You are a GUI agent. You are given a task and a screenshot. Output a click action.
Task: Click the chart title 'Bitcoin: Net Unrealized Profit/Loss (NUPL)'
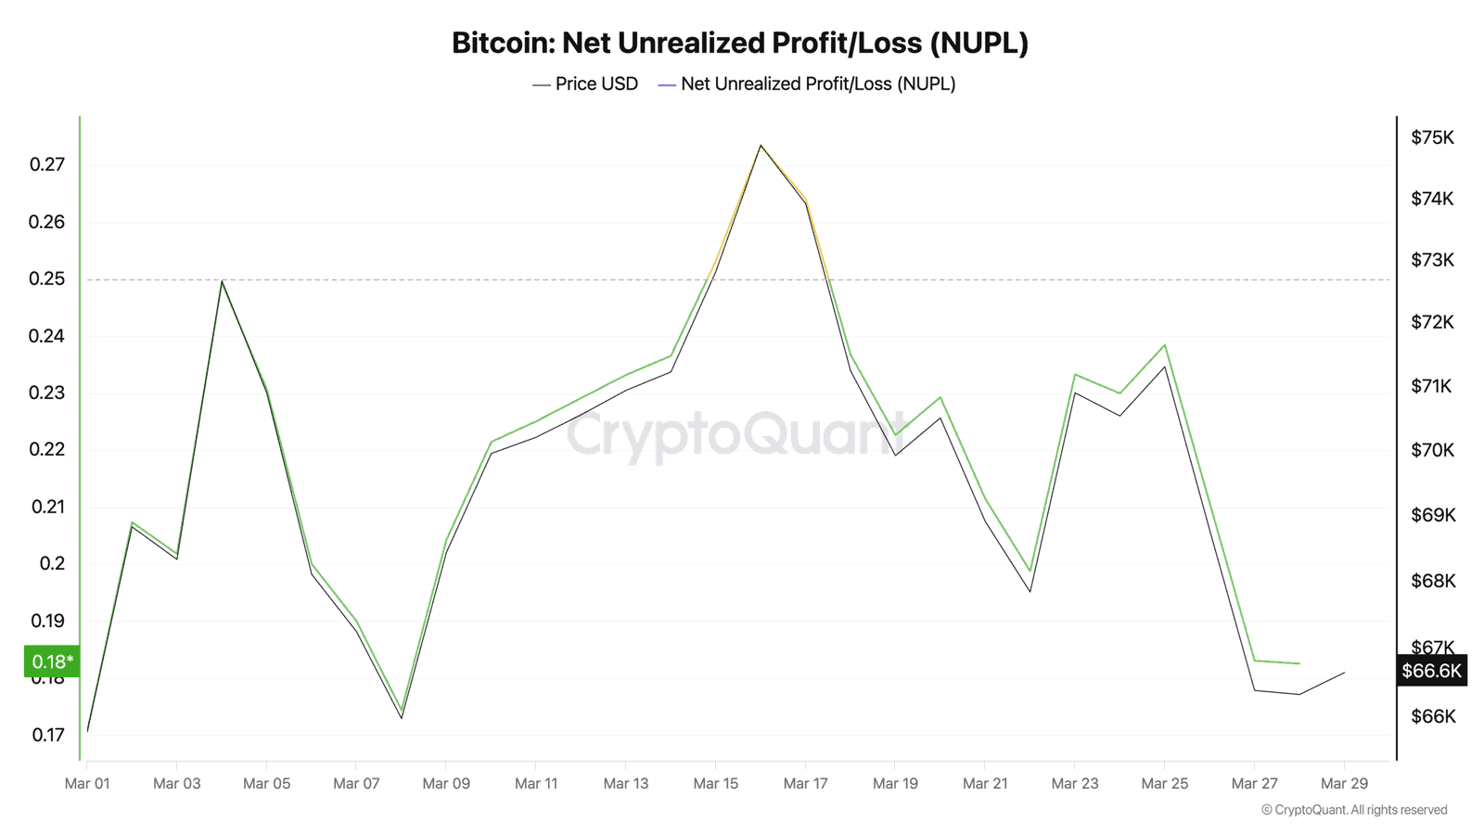coord(739,43)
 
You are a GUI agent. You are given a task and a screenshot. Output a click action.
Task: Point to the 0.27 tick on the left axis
coord(47,164)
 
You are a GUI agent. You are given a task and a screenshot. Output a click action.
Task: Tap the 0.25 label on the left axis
coord(47,278)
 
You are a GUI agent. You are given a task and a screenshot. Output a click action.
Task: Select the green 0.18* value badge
coord(52,662)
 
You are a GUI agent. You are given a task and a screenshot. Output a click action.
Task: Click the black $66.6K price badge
coord(1431,671)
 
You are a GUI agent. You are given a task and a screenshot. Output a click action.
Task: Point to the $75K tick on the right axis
coord(1432,137)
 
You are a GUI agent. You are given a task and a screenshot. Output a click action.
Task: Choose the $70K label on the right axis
coord(1432,450)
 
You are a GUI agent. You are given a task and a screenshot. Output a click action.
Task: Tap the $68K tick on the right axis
coord(1432,581)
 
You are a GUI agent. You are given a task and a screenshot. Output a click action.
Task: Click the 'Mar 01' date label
coord(87,783)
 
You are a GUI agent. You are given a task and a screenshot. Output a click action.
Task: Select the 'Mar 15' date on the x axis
coord(715,783)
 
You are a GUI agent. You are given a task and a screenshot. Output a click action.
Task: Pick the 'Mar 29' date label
coord(1344,783)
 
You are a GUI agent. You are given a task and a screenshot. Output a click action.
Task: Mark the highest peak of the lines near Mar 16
coord(761,146)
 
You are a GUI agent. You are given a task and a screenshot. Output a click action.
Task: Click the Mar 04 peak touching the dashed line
coord(222,281)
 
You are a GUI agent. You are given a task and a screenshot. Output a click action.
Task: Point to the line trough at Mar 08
coord(402,714)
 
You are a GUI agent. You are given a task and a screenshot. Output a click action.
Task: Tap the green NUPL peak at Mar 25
coord(1165,345)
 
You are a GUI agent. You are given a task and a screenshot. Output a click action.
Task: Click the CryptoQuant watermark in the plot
coord(737,434)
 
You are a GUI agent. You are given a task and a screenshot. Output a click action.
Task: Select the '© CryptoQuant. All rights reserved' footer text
coord(1353,810)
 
